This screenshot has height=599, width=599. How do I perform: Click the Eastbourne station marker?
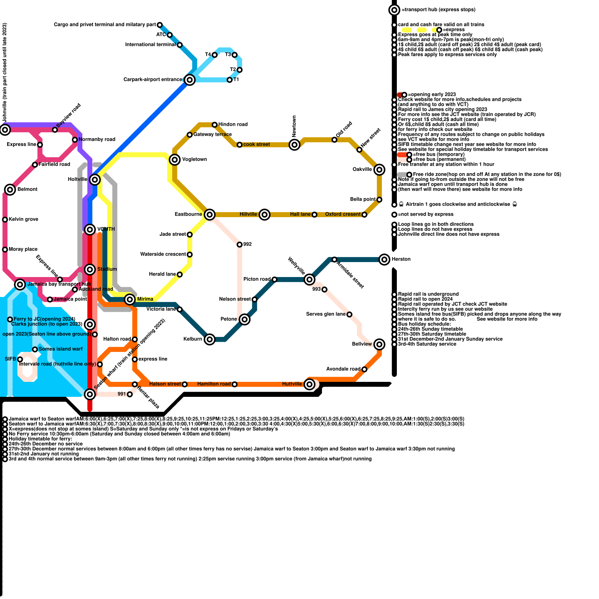click(x=210, y=215)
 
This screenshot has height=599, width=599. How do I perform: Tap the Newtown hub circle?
click(x=295, y=145)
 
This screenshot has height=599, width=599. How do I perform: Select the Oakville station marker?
click(x=379, y=170)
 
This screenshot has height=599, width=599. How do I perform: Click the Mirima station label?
click(x=145, y=299)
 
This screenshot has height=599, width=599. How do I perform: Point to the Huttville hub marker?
click(x=309, y=384)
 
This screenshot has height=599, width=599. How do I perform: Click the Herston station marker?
click(x=384, y=259)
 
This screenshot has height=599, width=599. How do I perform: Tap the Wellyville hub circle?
click(x=309, y=279)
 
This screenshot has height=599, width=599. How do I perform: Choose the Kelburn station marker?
click(x=210, y=339)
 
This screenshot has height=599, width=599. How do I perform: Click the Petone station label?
click(x=229, y=319)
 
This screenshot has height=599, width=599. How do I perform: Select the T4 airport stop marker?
click(x=215, y=55)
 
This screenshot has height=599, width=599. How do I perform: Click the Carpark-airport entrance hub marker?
click(x=190, y=80)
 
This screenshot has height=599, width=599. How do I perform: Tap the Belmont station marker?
click(x=10, y=189)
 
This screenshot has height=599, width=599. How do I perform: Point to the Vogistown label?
click(x=194, y=159)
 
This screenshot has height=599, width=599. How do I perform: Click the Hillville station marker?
click(x=265, y=215)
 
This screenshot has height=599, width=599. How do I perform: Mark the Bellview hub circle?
click(x=379, y=344)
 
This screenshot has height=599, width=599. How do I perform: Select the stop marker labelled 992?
click(x=240, y=244)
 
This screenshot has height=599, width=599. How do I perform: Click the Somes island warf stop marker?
click(x=35, y=349)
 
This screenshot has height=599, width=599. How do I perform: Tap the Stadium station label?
click(x=107, y=269)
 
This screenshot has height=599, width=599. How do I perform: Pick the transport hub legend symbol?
click(x=394, y=10)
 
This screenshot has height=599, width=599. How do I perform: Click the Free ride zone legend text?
click(x=487, y=174)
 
